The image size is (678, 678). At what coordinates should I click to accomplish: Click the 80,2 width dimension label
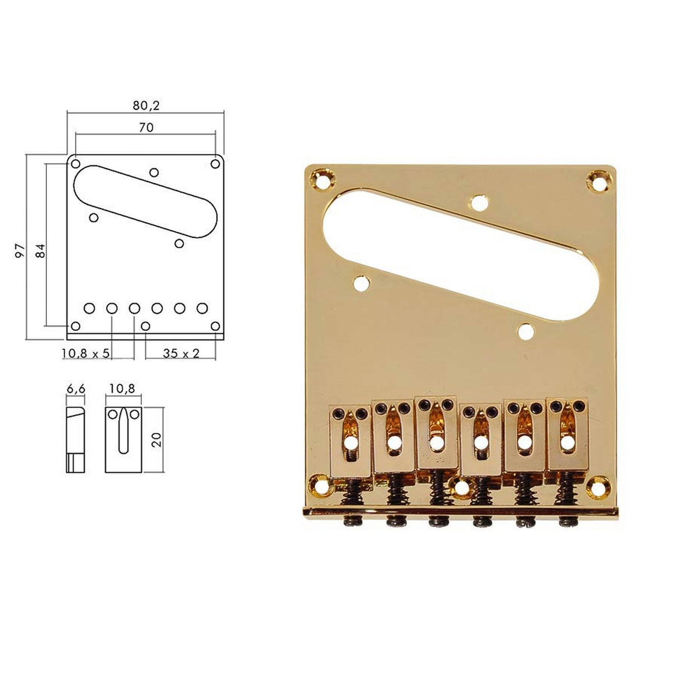(x=145, y=104)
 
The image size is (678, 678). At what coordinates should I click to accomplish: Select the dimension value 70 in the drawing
(x=146, y=127)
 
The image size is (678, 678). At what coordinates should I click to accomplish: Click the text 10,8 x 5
(x=86, y=354)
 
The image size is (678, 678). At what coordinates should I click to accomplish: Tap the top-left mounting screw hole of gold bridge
(x=321, y=180)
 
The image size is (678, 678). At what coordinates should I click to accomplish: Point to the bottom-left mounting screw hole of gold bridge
(x=321, y=485)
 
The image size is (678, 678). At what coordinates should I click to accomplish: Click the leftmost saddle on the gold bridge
(x=350, y=442)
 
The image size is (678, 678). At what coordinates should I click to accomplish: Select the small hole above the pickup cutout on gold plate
(x=479, y=203)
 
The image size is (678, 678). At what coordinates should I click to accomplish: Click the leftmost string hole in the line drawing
(x=89, y=308)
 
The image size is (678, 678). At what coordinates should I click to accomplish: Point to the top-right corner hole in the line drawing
(x=215, y=164)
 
